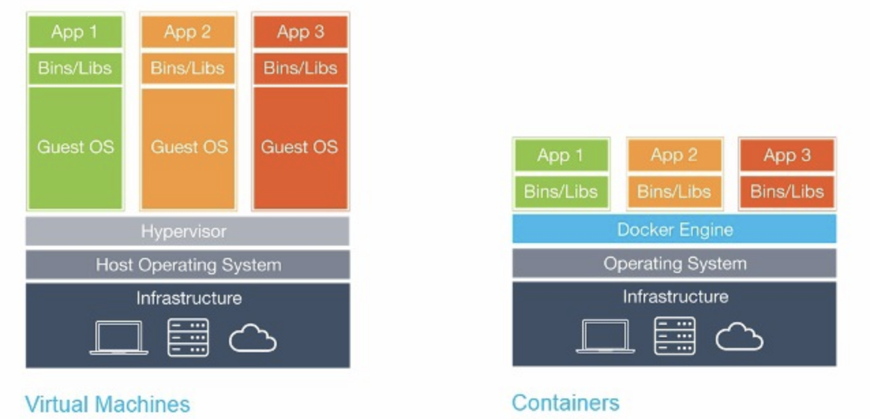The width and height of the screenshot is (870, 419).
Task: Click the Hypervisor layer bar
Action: pyautogui.click(x=187, y=231)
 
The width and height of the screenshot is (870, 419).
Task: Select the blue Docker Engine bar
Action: pyautogui.click(x=674, y=229)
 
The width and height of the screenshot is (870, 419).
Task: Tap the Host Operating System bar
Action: pyautogui.click(x=187, y=265)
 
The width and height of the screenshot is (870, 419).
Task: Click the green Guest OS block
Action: pyautogui.click(x=76, y=148)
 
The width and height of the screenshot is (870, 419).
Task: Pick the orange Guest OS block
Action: pyautogui.click(x=188, y=148)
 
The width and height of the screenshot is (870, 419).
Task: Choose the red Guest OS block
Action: pyautogui.click(x=301, y=148)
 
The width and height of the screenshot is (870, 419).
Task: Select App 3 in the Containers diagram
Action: pyautogui.click(x=787, y=156)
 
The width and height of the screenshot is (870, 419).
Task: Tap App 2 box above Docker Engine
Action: pyautogui.click(x=674, y=156)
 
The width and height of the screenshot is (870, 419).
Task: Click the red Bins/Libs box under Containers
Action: pyautogui.click(x=787, y=192)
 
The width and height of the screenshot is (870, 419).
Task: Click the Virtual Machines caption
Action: pyautogui.click(x=108, y=404)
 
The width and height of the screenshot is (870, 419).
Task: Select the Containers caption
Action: pyautogui.click(x=565, y=403)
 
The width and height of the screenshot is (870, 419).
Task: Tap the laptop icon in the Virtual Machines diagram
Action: pyautogui.click(x=119, y=338)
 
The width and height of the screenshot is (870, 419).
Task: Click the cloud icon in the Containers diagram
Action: pyautogui.click(x=740, y=336)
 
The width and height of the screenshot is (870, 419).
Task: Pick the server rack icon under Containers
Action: pyautogui.click(x=674, y=336)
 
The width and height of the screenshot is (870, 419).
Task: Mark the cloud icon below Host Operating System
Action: pyautogui.click(x=253, y=338)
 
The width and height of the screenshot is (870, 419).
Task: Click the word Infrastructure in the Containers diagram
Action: pyautogui.click(x=676, y=297)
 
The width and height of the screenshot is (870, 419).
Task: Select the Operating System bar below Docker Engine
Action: pyautogui.click(x=674, y=263)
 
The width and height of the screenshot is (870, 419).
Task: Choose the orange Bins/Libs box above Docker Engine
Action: pyautogui.click(x=674, y=192)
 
